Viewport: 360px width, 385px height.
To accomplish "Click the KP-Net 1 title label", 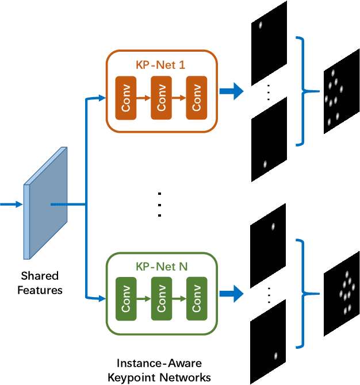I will tap(160, 65).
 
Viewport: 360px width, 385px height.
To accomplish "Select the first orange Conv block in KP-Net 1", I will tap(126, 98).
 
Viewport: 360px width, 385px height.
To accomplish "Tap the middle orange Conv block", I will tap(162, 98).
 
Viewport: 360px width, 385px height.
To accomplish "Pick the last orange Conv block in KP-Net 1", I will tap(197, 98).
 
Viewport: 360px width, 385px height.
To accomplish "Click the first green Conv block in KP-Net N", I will tap(126, 299).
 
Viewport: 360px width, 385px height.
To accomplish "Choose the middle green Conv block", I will tap(162, 299).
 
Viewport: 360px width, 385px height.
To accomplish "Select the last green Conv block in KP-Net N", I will tap(197, 299).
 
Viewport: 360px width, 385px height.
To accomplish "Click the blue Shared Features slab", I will tap(45, 204).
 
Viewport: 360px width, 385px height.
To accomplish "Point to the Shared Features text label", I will tap(40, 283).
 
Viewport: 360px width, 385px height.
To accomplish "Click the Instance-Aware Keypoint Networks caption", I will tap(163, 370).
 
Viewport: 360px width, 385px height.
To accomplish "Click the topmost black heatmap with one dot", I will tap(269, 34).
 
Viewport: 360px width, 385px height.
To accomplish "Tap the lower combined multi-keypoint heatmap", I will tap(341, 293).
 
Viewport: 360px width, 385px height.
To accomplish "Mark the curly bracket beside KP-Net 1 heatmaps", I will tap(303, 91).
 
